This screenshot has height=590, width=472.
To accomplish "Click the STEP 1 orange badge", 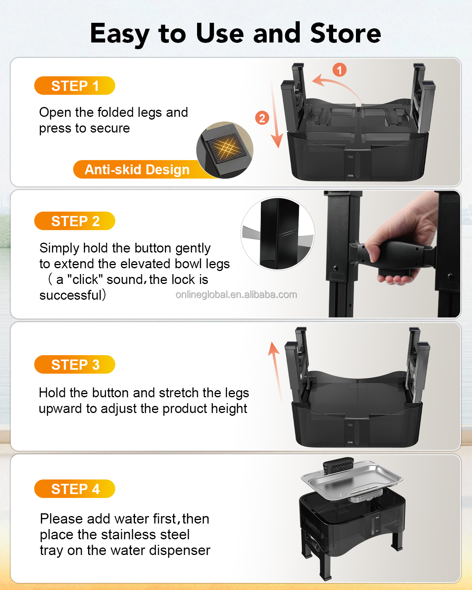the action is tap(75, 85).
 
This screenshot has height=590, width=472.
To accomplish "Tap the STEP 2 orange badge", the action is tap(75, 221).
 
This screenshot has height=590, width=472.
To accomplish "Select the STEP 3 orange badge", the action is tap(75, 364).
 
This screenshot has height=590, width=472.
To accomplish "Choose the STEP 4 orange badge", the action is tap(75, 489).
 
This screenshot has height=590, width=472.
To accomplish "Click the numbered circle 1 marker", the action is tap(339, 70).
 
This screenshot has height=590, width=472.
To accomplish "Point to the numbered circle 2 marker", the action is tap(262, 118).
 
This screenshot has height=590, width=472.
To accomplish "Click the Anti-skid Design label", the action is tap(137, 170).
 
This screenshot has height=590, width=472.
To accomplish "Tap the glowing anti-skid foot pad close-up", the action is tap(225, 150).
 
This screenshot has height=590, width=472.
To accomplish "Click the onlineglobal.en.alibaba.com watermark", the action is tap(236, 295).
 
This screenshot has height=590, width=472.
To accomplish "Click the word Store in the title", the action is tap(346, 33).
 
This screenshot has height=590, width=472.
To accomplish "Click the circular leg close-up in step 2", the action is tap(278, 234).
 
